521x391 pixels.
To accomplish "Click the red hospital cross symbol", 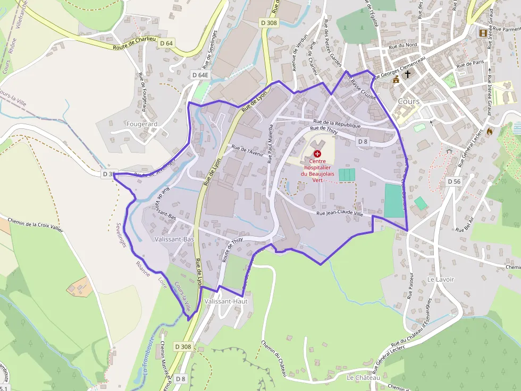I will point(317,153).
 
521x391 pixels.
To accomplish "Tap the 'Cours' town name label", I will point(408,101).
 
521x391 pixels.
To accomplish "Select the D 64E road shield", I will point(200,75).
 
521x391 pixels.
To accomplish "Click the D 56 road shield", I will point(453,181).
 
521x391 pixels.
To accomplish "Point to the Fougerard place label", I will point(142,124).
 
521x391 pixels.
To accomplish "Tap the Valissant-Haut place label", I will point(226,301).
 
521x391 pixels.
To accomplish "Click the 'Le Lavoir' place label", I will point(441,279).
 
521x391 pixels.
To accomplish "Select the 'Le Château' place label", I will point(363,378).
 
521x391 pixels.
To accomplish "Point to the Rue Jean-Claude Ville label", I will point(339,213).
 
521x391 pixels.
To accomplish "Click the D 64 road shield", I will point(166,43).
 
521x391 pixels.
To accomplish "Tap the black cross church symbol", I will point(408,75).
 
